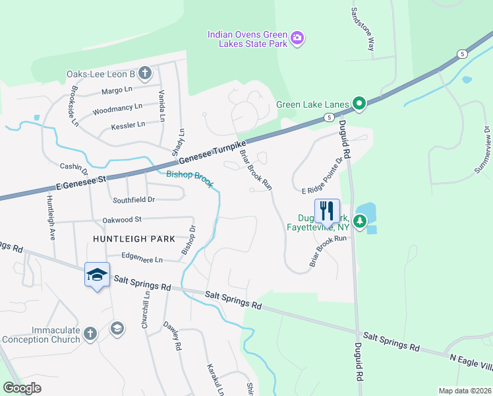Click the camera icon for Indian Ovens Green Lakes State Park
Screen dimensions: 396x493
click(x=297, y=38)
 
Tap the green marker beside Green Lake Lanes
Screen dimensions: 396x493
click(x=359, y=103)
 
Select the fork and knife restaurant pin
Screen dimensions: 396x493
click(x=328, y=211)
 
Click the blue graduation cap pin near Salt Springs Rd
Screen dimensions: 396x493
click(x=96, y=275)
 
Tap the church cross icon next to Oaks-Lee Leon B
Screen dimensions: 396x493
click(x=144, y=74)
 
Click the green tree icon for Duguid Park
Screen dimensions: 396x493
click(x=359, y=220)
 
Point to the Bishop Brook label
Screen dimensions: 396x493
click(x=189, y=179)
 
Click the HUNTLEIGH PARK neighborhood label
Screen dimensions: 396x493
click(x=134, y=238)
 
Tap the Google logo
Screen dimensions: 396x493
click(x=22, y=388)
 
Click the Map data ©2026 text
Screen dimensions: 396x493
click(x=464, y=390)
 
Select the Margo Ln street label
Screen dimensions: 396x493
click(x=117, y=90)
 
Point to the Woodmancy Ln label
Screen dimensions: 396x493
click(x=117, y=108)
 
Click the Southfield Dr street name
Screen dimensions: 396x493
click(x=134, y=199)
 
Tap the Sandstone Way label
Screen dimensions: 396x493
click(x=362, y=30)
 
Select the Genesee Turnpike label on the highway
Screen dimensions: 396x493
click(x=212, y=151)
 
